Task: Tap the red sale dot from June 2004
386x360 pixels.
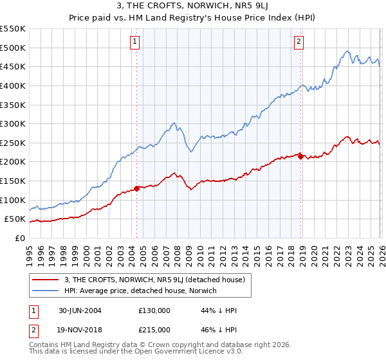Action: pyautogui.click(x=136, y=188)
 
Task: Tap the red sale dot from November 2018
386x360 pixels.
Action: pyautogui.click(x=301, y=156)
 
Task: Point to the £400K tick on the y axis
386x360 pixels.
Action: pyautogui.click(x=13, y=85)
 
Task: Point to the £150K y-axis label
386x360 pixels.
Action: pyautogui.click(x=13, y=181)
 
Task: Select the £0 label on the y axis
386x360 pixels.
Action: pyautogui.click(x=19, y=238)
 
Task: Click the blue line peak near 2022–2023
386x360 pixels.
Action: pyautogui.click(x=347, y=51)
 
